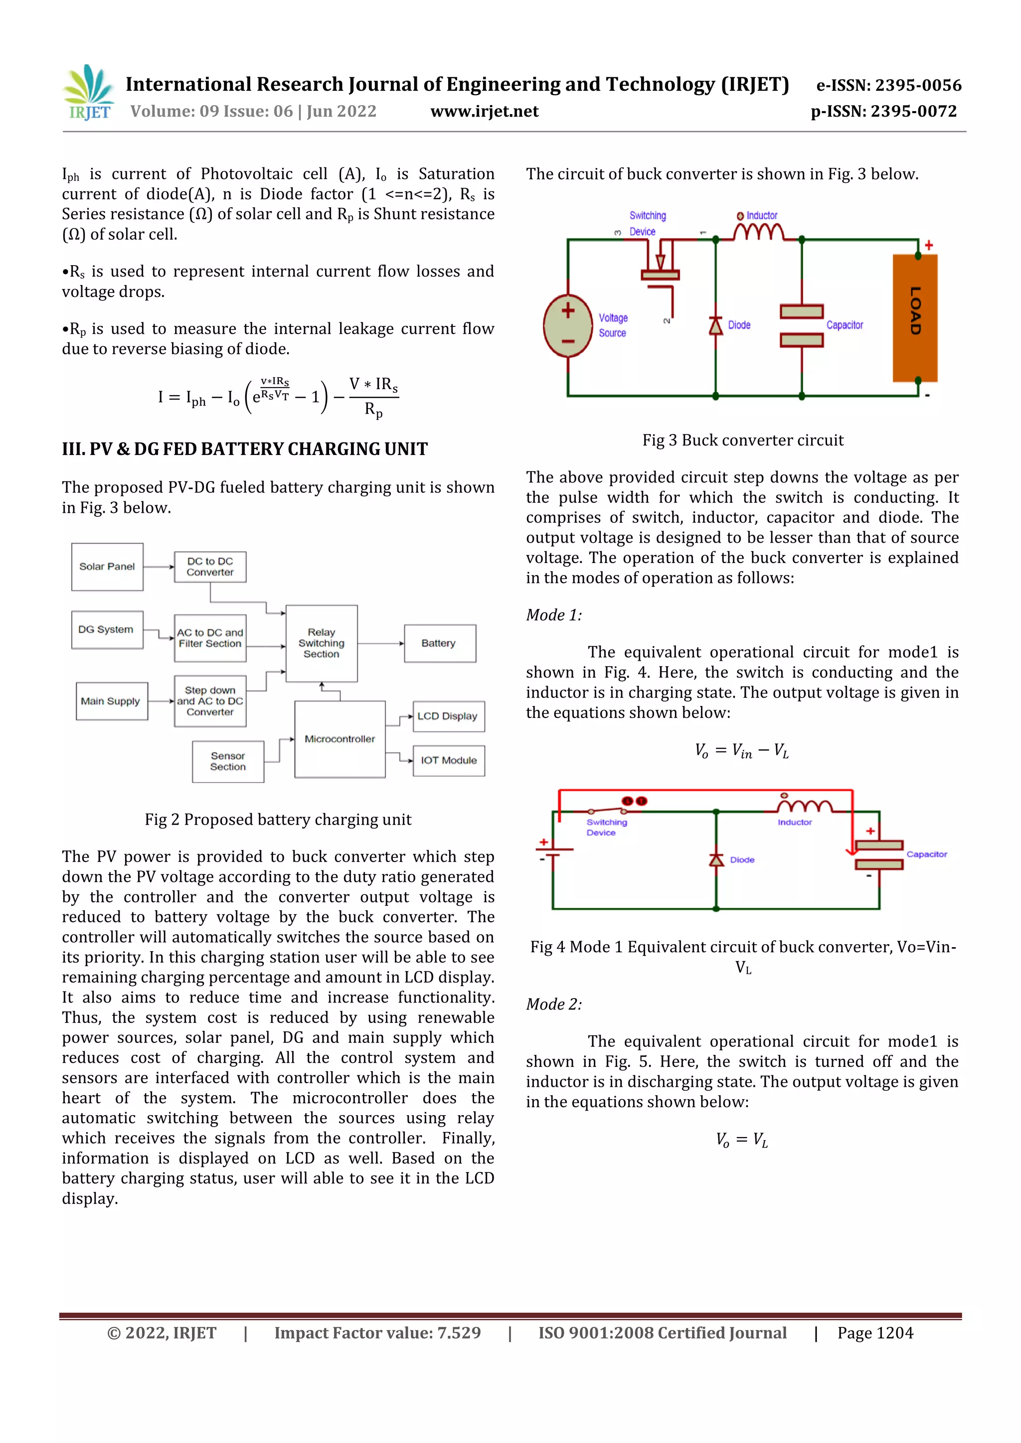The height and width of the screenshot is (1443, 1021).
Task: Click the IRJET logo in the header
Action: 89,93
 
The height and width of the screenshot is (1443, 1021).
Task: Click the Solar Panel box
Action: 107,566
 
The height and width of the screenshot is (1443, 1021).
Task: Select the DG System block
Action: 106,629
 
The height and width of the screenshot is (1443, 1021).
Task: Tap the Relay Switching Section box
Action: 321,643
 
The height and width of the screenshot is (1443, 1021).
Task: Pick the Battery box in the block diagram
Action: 439,643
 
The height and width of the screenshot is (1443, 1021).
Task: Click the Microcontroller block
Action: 340,739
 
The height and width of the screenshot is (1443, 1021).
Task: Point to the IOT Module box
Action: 448,760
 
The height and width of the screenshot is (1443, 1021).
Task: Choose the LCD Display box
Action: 448,717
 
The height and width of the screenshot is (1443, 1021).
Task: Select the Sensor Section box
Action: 228,761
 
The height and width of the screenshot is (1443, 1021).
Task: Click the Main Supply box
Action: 111,701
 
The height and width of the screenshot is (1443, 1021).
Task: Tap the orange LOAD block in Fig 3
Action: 915,317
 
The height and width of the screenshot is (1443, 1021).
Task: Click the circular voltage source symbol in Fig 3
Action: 568,325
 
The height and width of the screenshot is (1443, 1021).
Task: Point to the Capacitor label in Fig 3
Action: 845,325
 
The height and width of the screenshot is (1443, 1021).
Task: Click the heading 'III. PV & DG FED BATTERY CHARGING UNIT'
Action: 245,449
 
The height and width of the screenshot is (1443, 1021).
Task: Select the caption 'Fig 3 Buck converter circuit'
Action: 742,440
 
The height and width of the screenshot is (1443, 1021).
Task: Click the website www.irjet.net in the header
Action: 484,111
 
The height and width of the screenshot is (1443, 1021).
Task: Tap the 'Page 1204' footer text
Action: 875,1332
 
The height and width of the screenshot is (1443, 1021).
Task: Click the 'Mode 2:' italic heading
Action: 554,1004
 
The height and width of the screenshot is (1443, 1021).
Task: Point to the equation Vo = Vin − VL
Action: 742,750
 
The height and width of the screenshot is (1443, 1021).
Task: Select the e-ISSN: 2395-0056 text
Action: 888,85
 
